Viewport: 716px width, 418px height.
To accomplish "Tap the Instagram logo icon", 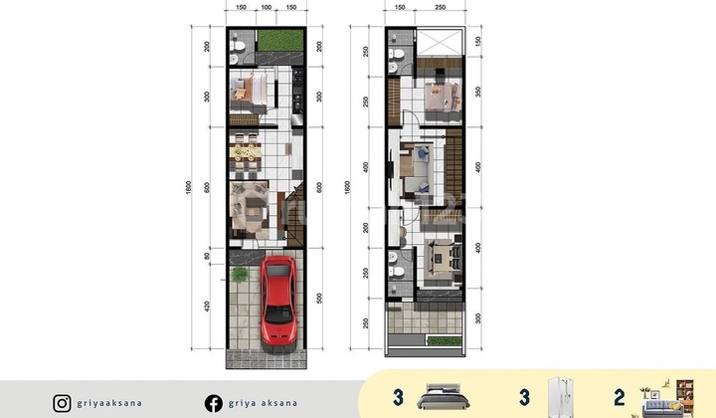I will [x=63, y=403].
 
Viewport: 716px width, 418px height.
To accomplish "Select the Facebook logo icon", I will [x=214, y=403].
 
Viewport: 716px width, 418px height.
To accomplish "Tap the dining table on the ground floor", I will [x=244, y=152].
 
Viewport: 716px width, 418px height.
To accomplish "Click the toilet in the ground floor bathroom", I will [x=233, y=47].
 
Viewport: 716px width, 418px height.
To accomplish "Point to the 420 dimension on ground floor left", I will [x=206, y=307].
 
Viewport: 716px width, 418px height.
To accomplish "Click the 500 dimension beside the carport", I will [x=318, y=298].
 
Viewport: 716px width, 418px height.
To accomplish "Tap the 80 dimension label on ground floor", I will [x=206, y=254].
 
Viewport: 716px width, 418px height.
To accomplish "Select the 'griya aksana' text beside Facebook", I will [x=263, y=403].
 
